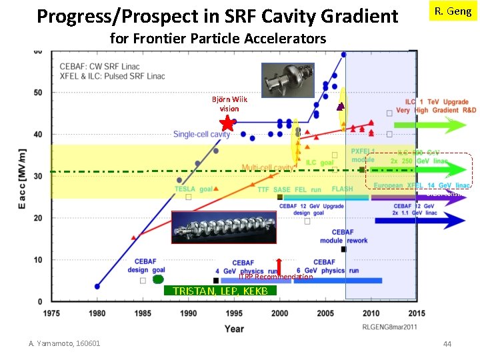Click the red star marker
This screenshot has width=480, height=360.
227,123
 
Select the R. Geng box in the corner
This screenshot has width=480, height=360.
453,12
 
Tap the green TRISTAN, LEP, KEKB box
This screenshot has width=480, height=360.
220,291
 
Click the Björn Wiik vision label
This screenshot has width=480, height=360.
229,103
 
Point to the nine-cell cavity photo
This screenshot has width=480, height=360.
223,227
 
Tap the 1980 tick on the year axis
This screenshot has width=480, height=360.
97,313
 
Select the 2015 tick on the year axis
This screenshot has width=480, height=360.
417,313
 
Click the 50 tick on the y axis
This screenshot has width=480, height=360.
38,92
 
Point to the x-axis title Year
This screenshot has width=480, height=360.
234,328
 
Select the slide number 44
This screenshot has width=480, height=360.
447,343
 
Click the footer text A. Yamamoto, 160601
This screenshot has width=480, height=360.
65,343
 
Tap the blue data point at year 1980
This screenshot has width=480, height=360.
97,286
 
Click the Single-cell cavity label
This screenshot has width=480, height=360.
202,134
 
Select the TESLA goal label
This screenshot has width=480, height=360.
193,189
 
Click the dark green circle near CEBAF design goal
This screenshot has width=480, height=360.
157,280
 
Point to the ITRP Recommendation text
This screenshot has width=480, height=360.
275,277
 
